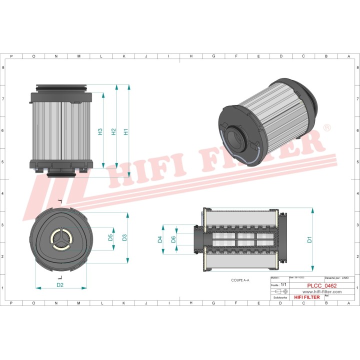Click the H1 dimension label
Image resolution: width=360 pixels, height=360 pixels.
tap(126, 132)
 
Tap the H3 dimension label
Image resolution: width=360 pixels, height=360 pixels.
tap(100, 132)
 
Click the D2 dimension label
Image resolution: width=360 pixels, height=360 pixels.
tap(60, 285)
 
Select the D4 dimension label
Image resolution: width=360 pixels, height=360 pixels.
tap(160, 240)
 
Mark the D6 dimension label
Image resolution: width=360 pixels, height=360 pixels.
tap(173, 239)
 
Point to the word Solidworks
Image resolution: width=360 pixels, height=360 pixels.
tap(278, 297)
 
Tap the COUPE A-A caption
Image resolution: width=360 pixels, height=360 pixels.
tap(239, 280)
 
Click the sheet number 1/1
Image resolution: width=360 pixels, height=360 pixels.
tap(283, 284)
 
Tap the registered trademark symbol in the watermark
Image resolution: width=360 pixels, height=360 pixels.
tap(326, 129)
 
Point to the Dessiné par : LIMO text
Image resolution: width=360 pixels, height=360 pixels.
tap(336, 277)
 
